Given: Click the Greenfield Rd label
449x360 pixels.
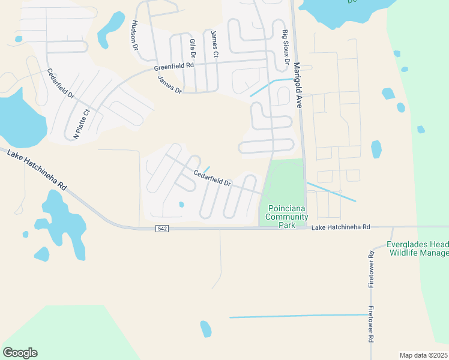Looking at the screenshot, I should (174, 67).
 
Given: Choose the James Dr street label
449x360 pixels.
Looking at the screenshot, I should (169, 85).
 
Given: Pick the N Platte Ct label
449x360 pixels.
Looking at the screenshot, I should (81, 124).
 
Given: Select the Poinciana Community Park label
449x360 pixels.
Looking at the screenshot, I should (286, 217).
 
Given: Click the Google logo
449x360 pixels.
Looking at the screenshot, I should (20, 353).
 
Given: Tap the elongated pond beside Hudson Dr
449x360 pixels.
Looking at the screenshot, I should (110, 29).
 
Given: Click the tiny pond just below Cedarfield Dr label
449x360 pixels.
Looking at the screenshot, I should (181, 205).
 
